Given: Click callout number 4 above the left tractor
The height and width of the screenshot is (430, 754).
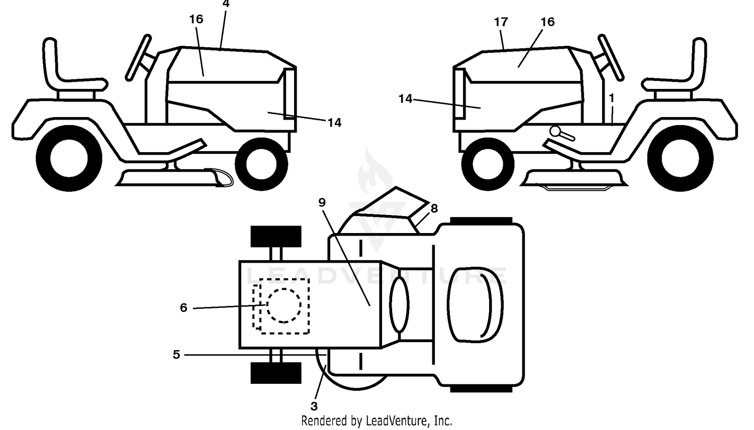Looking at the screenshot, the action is click(226, 4).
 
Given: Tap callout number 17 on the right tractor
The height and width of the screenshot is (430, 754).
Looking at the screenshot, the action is click(501, 22).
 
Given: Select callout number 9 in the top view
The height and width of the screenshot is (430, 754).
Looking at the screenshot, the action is click(322, 202).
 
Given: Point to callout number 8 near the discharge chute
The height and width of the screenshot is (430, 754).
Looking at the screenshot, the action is click(434, 208).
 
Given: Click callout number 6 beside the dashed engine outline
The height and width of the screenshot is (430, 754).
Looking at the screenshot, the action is click(183, 307).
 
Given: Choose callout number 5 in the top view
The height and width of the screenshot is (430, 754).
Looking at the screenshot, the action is click(176, 355).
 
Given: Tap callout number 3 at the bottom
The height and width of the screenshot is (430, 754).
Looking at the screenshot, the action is click(314, 406).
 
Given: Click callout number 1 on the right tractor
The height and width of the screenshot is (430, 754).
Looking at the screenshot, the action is click(612, 98).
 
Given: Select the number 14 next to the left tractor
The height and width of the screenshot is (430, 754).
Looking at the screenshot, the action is click(334, 123).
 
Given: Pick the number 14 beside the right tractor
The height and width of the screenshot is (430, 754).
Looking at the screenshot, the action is click(405, 99).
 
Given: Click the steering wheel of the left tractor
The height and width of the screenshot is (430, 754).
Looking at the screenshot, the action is click(138, 58).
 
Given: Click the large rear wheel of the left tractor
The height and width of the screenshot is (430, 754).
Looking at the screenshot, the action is click(69, 158).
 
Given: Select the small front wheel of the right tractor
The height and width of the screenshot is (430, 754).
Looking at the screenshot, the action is click(488, 164).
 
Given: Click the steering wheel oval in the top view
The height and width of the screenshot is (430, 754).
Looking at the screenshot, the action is click(399, 304).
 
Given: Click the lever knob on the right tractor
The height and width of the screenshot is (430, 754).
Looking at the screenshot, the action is click(556, 131).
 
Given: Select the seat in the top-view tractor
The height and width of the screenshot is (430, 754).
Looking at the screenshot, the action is click(475, 305).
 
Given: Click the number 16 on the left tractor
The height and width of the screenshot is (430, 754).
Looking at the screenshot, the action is click(196, 19).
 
